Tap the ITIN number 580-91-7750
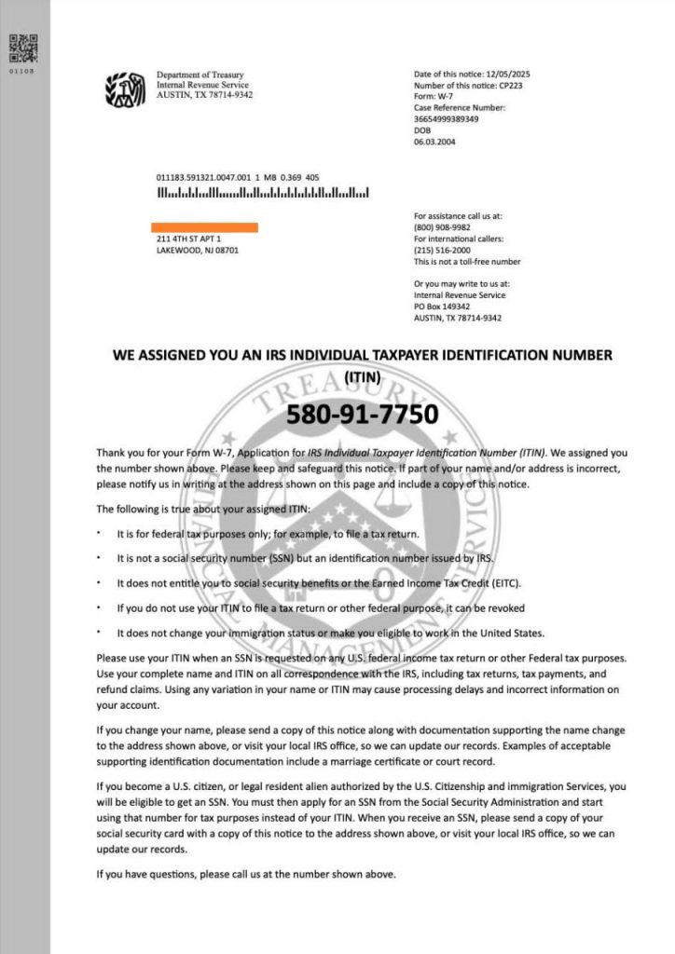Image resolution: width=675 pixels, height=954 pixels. coord(361,413)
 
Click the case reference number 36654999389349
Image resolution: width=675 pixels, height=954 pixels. coord(446,119)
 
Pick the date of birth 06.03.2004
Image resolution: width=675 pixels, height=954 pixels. coord(434,142)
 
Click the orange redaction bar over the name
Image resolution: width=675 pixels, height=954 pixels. coord(205,227)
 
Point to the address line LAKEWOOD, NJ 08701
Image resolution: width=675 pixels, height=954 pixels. coord(197,251)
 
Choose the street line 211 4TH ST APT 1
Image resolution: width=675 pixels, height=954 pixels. coord(189,239)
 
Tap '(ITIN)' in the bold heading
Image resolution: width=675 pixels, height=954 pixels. coord(362,377)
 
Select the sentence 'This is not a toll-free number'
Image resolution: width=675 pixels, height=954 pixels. coord(466,262)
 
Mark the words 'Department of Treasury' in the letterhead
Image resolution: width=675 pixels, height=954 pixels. coord(200,75)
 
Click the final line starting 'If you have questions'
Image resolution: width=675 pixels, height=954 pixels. coord(246,874)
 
